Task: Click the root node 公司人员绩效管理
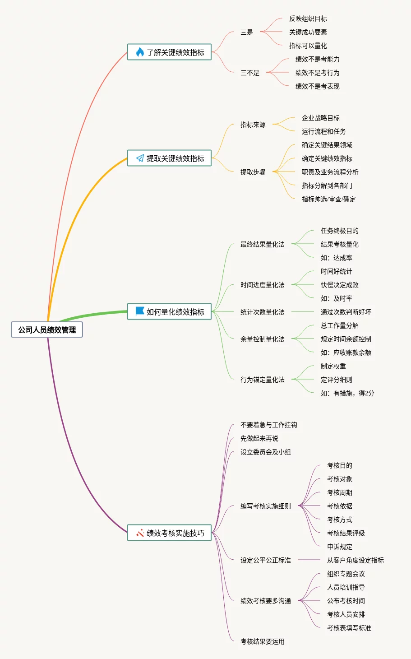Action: [47, 330]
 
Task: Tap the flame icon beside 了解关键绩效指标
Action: [140, 52]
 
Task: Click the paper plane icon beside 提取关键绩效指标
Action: [140, 158]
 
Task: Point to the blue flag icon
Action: [140, 311]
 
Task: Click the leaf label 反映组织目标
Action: [308, 19]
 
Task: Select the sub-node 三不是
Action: [250, 73]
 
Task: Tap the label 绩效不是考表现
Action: [317, 86]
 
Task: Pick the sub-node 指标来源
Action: [253, 125]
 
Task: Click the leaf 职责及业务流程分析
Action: [330, 172]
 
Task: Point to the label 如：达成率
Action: [336, 258]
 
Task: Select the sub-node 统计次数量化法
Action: [262, 312]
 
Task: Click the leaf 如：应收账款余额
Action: [346, 353]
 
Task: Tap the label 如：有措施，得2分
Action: [347, 393]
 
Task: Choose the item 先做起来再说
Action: [259, 438]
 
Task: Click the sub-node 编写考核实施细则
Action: [266, 506]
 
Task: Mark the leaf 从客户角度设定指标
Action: [356, 560]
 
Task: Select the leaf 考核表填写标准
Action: [349, 628]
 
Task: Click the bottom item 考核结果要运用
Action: [263, 641]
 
